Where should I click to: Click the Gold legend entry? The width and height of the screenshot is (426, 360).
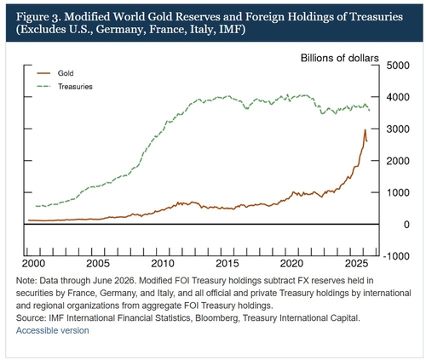click(x=55, y=73)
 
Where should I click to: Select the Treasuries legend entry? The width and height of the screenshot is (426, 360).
click(x=65, y=87)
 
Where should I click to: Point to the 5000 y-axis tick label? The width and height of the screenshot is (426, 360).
click(x=398, y=66)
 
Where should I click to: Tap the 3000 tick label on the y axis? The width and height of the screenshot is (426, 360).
click(x=398, y=129)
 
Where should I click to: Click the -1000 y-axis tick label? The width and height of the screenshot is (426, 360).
click(x=396, y=256)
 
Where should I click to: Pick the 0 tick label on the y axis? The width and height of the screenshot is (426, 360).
click(x=406, y=225)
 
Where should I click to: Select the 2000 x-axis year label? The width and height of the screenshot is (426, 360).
click(x=33, y=264)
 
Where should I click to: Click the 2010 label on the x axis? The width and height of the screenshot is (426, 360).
click(x=163, y=264)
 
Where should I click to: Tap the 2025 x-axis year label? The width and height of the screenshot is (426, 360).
click(x=357, y=264)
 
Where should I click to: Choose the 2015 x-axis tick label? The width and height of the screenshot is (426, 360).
click(x=227, y=264)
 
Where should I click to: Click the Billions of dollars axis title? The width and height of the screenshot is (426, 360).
click(x=340, y=58)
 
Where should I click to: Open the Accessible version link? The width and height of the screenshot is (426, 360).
click(x=53, y=330)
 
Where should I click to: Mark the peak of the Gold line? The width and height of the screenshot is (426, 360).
click(x=365, y=129)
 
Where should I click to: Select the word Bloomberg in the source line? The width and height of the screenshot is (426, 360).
click(x=216, y=318)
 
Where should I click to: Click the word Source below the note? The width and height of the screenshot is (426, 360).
click(x=31, y=318)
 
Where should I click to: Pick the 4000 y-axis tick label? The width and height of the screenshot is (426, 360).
click(x=398, y=97)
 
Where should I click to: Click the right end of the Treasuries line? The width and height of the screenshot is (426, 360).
click(x=370, y=111)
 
